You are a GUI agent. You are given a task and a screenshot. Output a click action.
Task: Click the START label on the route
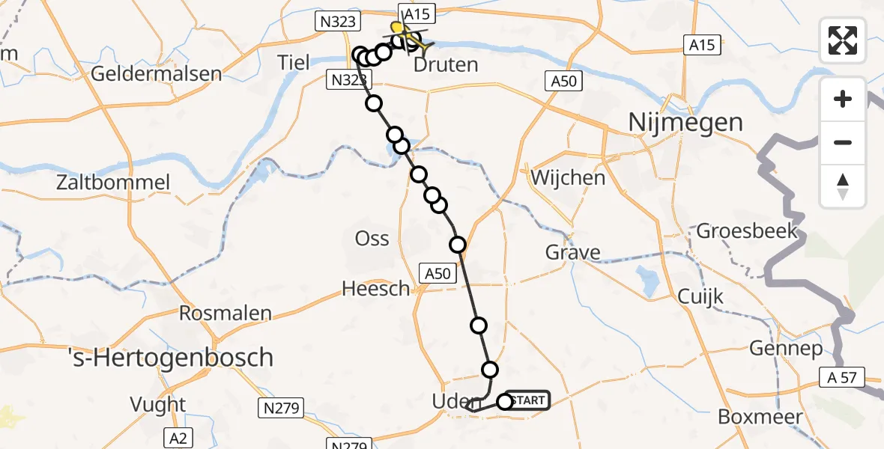529,400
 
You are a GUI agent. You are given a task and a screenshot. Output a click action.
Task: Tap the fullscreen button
843,40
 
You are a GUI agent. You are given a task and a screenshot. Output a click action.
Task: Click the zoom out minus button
843,142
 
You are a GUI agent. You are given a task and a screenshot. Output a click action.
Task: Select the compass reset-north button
843,186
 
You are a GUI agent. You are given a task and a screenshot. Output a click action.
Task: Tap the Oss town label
372,239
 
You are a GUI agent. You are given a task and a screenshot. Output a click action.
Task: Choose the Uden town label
451,403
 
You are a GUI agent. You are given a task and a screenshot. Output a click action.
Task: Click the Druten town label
446,65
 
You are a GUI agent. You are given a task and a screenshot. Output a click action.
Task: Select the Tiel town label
293,62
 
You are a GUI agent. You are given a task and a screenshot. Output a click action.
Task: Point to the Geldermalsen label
156,74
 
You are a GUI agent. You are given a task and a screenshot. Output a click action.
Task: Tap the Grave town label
572,252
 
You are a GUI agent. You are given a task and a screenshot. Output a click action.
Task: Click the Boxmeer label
760,417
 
